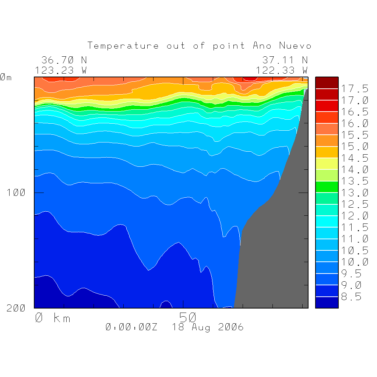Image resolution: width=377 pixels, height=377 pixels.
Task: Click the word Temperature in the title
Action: coord(123,46)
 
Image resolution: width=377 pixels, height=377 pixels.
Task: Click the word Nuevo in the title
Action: coord(295,46)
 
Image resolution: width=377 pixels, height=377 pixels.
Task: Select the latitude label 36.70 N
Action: coord(64,60)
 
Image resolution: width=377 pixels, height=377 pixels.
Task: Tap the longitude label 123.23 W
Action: coord(61,70)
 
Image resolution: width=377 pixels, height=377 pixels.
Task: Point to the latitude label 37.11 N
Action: coord(285,60)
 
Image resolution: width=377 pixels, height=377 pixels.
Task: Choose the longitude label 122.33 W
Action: coord(282,70)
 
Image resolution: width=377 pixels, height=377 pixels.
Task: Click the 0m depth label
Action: coord(6,77)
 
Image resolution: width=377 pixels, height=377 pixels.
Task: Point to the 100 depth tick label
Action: coord(16,193)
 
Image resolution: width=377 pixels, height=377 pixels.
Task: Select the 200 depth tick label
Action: coord(16,309)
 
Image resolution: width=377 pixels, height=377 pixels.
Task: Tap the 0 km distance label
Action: coord(53,318)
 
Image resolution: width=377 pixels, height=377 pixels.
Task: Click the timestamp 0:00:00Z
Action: coord(131,327)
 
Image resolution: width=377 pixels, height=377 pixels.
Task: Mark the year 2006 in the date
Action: coord(231,327)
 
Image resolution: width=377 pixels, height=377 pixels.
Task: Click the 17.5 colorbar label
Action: coord(354,89)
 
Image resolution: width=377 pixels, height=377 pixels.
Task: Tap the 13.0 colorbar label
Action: coord(354,193)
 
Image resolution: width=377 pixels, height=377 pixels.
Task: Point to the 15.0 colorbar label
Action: coord(354,147)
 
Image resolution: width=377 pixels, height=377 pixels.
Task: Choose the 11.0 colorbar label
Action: coord(354,239)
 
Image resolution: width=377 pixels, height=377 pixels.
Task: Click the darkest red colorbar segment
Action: coord(327,83)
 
